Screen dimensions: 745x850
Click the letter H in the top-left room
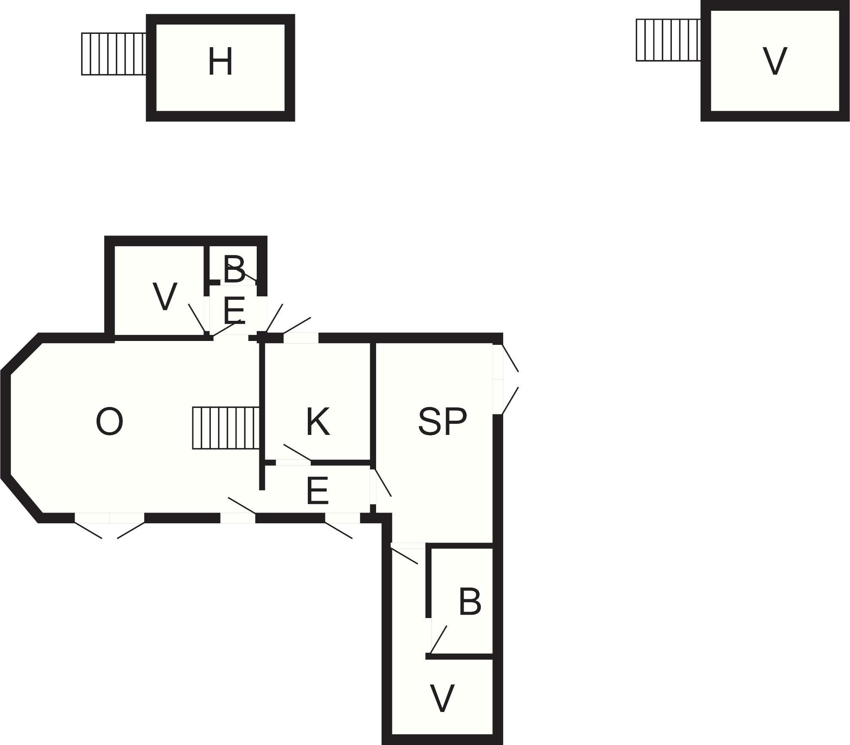pos(220,62)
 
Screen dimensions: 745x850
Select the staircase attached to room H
pos(114,54)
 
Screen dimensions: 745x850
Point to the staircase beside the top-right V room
pos(668,40)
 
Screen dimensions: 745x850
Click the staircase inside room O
pos(226,428)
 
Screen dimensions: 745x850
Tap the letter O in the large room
pos(109,422)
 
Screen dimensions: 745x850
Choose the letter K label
pos(318,422)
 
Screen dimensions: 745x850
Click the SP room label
pos(442,422)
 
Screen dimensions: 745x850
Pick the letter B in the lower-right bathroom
pos(470,602)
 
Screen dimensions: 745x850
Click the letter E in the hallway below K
pos(318,491)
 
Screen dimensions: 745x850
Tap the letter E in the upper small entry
pos(234,310)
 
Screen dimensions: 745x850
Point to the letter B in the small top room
pos(234,270)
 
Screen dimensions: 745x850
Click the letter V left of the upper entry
pos(165,297)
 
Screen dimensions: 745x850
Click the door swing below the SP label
pos(382,483)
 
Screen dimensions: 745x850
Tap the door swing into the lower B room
pos(439,639)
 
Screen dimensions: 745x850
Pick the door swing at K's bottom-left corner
pos(297,453)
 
